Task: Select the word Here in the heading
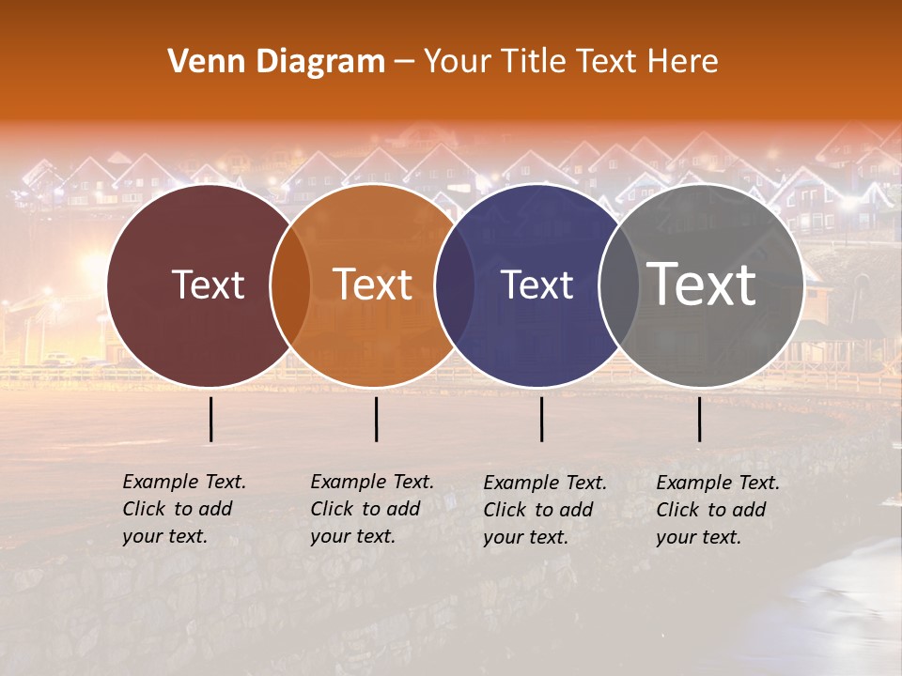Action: [683, 62]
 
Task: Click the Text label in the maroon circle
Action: [208, 284]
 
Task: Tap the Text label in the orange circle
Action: [373, 284]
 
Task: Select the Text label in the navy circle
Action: [537, 284]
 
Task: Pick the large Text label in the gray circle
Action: [702, 284]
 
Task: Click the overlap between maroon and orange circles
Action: [290, 285]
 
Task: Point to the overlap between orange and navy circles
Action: [454, 285]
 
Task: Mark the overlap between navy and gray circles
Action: [613, 285]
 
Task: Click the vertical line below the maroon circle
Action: [211, 419]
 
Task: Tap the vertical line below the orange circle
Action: [376, 419]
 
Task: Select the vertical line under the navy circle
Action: [541, 419]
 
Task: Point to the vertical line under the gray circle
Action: [699, 419]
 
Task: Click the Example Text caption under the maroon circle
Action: [183, 509]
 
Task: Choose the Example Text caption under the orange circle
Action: [371, 509]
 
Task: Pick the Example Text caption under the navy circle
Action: [544, 510]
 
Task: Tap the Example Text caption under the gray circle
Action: [717, 510]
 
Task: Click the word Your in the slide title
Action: [457, 62]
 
